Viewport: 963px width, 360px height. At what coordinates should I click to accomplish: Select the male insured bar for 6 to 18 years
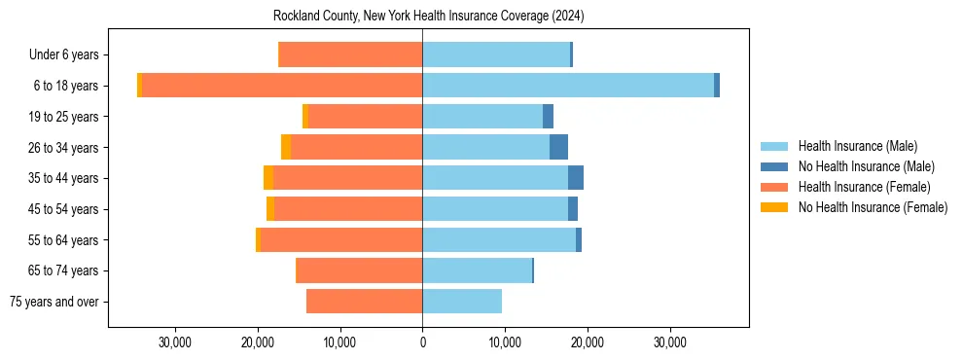[568, 86]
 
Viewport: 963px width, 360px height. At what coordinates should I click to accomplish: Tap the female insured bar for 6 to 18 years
[282, 86]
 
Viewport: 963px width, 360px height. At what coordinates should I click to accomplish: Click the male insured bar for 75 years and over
[462, 302]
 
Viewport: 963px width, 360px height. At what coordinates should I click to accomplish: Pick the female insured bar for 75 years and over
[364, 302]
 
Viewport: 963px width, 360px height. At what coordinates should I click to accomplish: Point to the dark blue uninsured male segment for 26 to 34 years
[558, 147]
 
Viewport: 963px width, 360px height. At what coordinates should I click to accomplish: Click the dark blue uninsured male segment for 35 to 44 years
[576, 178]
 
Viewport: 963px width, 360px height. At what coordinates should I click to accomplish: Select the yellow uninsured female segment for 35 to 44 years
[268, 178]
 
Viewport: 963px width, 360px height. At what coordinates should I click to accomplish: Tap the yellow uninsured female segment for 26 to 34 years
[286, 147]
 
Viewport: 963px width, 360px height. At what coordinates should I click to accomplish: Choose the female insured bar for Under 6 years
[350, 54]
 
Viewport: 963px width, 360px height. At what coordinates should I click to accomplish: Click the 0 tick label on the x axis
[422, 342]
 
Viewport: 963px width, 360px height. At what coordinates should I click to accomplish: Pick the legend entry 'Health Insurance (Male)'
[857, 146]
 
